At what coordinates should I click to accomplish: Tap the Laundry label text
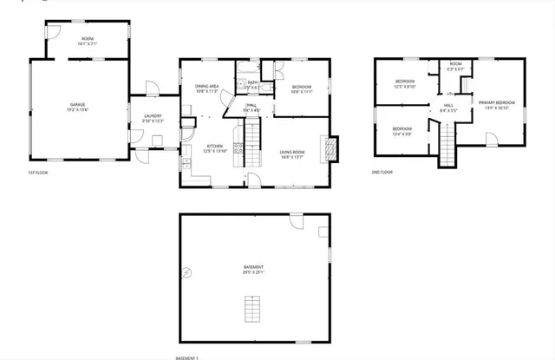click(x=153, y=116)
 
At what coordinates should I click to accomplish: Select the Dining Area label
click(x=206, y=86)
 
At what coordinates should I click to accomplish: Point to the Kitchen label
click(x=214, y=146)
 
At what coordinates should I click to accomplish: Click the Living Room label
click(x=291, y=153)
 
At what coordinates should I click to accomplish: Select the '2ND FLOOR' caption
click(x=382, y=173)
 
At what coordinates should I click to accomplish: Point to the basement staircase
click(x=253, y=308)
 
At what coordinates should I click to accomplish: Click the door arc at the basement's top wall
click(x=297, y=222)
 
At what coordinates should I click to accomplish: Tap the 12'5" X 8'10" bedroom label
click(x=405, y=84)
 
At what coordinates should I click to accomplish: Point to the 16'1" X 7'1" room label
click(x=88, y=40)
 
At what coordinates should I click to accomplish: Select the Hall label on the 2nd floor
click(x=447, y=108)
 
